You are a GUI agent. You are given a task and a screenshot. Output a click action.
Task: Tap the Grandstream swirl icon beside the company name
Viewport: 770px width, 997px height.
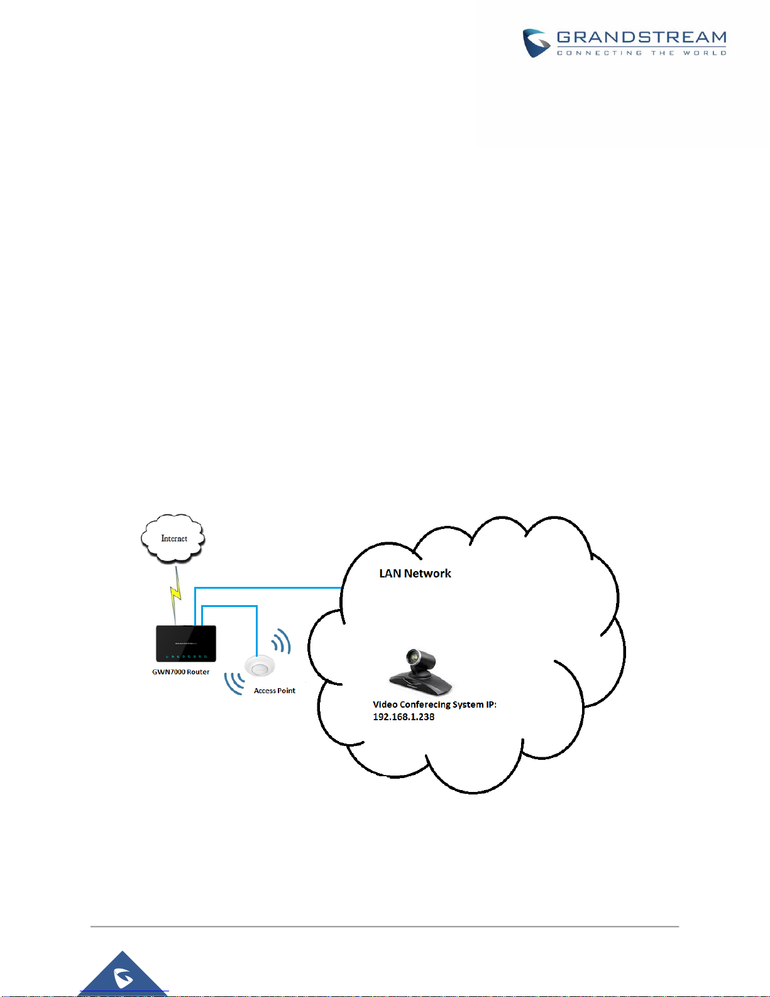(536, 43)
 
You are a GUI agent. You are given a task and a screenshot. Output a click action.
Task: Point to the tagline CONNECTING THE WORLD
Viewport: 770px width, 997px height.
(642, 53)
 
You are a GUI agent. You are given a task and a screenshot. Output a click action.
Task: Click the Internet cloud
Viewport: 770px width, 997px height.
(173, 538)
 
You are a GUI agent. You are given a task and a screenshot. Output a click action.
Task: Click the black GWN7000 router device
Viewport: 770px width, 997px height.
(185, 643)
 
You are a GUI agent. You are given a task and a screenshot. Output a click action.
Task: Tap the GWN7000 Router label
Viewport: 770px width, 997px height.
(180, 672)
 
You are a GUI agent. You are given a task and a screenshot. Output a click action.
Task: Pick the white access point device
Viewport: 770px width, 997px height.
(260, 666)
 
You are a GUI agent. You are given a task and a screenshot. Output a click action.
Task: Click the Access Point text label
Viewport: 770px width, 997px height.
(275, 691)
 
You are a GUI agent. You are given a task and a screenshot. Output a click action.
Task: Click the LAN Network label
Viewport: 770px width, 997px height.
(415, 574)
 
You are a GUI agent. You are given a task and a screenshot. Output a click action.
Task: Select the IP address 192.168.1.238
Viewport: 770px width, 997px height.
(404, 716)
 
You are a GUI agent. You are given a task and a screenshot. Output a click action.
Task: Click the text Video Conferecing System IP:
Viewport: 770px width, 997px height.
(434, 705)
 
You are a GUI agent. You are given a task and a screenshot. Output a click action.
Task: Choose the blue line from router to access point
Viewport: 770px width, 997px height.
(229, 606)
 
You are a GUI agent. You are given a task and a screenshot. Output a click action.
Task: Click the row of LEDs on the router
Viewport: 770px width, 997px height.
(186, 657)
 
